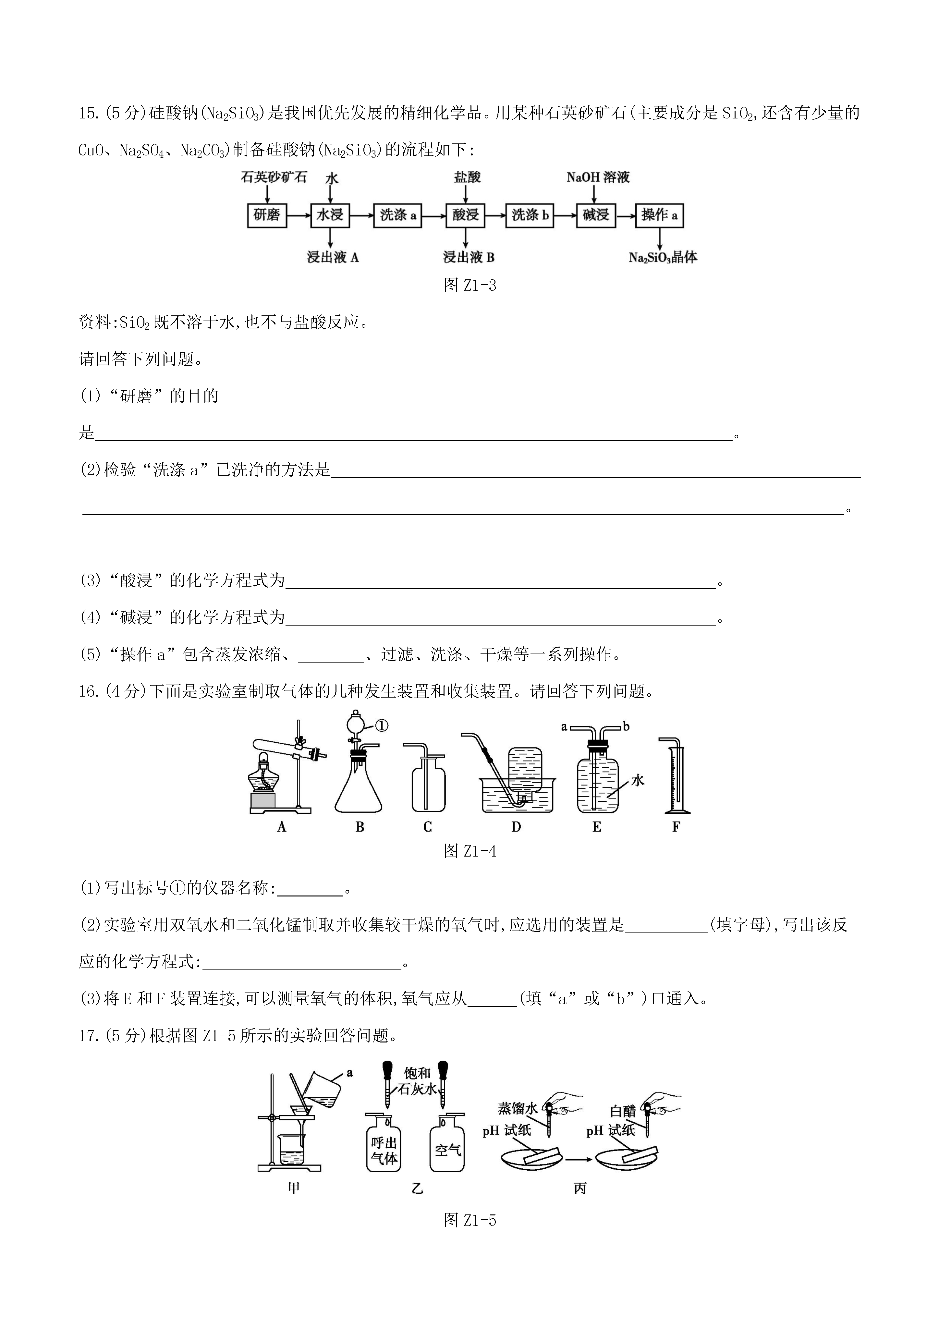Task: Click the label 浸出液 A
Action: click(x=333, y=257)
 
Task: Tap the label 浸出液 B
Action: click(x=468, y=257)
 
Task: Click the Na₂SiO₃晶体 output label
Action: click(x=663, y=257)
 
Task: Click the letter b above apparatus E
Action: click(x=626, y=726)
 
